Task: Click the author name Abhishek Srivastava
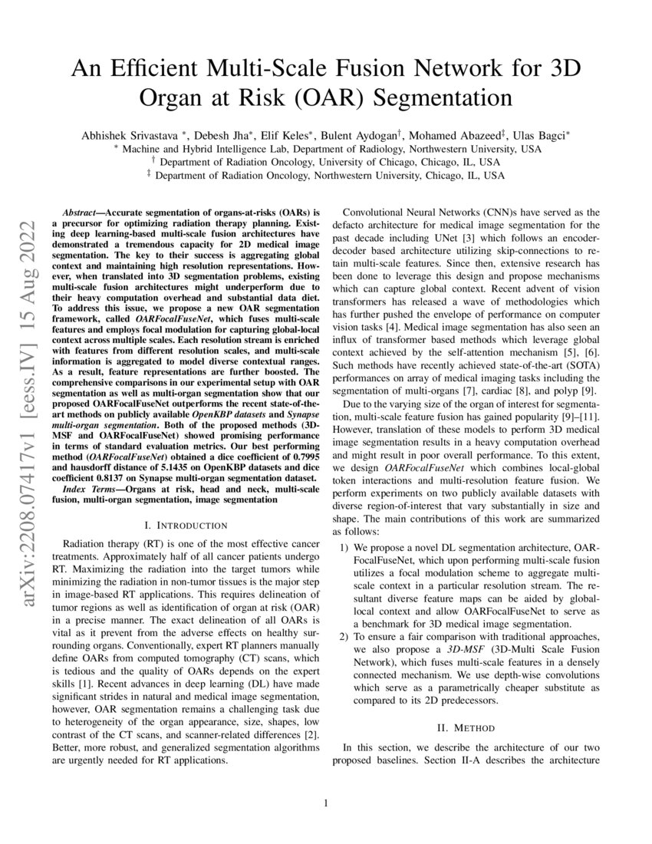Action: coord(126,135)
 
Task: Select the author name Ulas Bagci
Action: coord(538,135)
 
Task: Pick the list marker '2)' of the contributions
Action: coord(344,637)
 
